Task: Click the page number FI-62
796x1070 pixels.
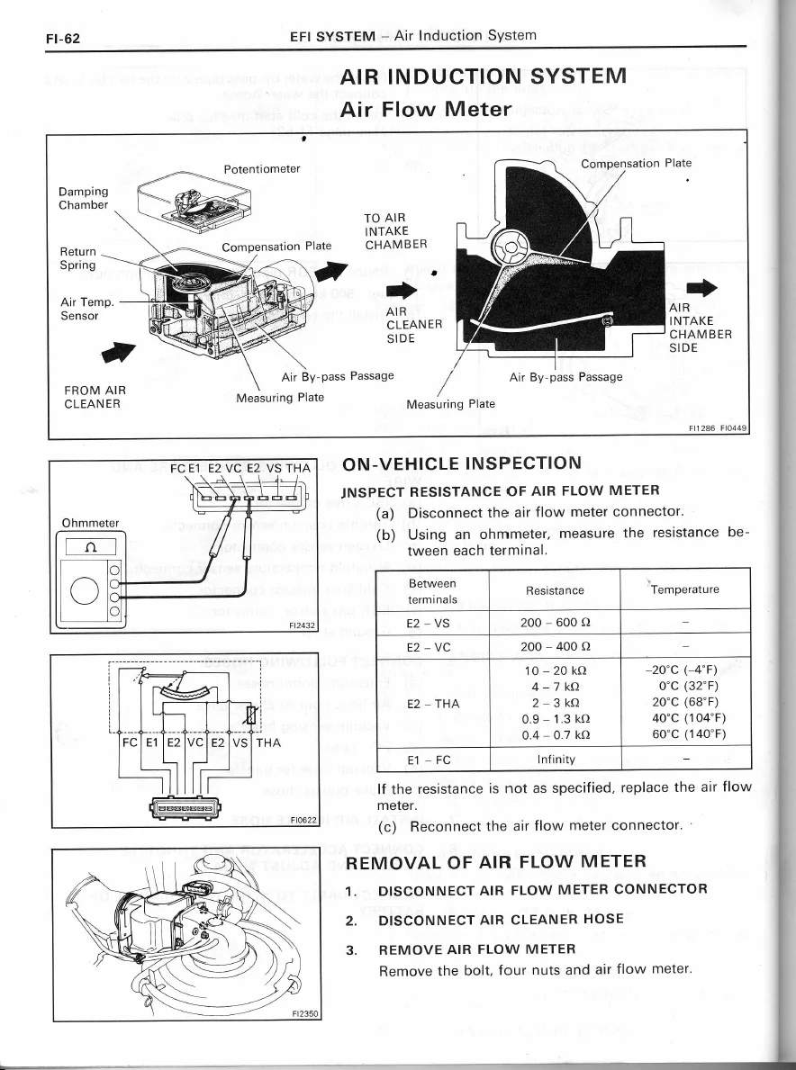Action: coord(63,38)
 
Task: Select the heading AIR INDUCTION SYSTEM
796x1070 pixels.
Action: coord(484,75)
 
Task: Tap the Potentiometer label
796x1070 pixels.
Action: coord(261,169)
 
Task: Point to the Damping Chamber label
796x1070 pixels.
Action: coord(83,198)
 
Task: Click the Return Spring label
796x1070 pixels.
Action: coord(77,258)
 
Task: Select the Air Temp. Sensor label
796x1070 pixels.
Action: coord(87,309)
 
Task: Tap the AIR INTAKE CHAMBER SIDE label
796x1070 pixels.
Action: coord(701,328)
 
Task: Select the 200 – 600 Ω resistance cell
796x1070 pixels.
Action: coord(555,623)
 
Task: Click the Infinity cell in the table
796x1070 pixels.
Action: coord(556,759)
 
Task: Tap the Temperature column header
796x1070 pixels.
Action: coord(684,589)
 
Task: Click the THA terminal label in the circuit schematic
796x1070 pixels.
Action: coord(268,742)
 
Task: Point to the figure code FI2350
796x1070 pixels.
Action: coord(306,1013)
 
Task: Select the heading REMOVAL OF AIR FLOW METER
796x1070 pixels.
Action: coord(495,862)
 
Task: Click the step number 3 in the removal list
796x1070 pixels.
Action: coord(351,950)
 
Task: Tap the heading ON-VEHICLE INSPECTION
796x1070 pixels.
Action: coord(462,464)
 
